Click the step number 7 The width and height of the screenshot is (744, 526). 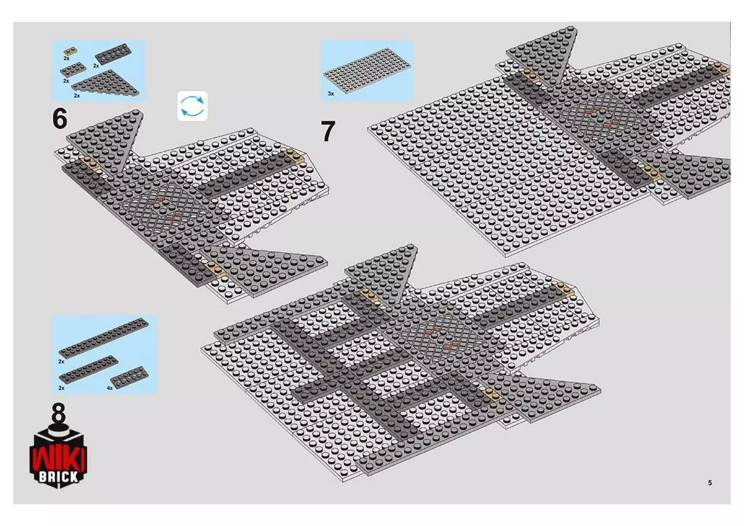pos(328,131)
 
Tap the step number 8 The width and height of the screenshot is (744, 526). pos(58,412)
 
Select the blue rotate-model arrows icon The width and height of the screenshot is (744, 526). pos(193,106)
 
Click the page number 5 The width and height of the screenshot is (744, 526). pos(709,483)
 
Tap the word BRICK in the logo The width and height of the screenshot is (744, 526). pos(58,477)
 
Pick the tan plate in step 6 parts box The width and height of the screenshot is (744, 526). pos(70,51)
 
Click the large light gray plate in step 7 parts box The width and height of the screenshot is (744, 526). pos(367,71)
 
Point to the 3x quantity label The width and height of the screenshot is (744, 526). pos(331,94)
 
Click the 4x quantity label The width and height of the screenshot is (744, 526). pos(110,388)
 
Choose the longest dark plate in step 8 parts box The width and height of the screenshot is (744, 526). pos(104,338)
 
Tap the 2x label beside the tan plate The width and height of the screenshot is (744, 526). pos(66,58)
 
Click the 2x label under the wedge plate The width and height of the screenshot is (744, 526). pos(77,96)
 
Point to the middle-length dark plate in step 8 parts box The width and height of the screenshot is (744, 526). pos(89,369)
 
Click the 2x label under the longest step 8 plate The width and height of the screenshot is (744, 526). pos(61,361)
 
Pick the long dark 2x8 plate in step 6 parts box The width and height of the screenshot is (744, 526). pos(113,54)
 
